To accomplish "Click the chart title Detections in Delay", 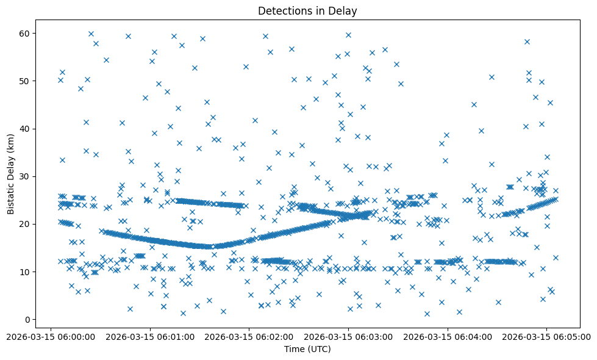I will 307,10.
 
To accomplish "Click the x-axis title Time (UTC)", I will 307,349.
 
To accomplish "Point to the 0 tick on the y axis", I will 27,319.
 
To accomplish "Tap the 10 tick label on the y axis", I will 25,272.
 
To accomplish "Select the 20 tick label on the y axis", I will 25,224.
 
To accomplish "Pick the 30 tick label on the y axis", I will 25,176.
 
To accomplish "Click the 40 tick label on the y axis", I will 25,129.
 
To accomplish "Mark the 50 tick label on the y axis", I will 25,81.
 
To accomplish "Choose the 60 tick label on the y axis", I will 25,33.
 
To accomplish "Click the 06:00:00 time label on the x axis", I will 50,336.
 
